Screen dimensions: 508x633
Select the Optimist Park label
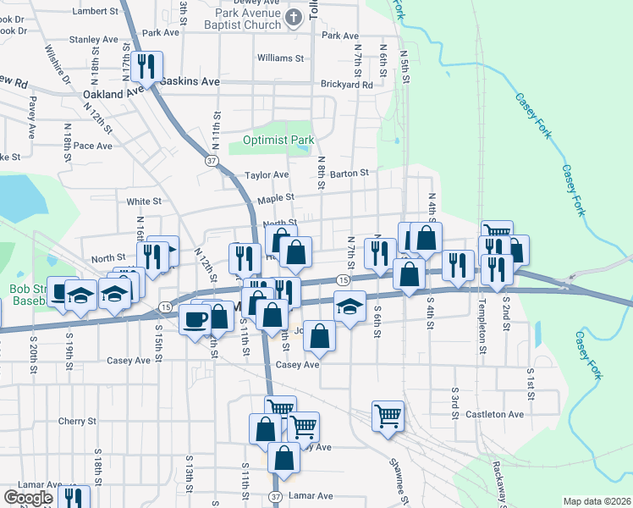click(x=278, y=140)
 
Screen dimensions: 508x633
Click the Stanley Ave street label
click(x=94, y=40)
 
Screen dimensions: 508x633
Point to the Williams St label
click(x=281, y=58)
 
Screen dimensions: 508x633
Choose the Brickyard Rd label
click(x=347, y=85)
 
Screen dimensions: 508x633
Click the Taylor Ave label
click(x=267, y=175)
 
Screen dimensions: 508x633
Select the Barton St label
click(x=350, y=173)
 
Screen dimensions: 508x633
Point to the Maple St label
click(x=276, y=197)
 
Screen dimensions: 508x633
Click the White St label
click(x=144, y=202)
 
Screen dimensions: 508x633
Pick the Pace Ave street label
click(x=93, y=146)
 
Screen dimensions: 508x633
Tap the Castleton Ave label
click(x=500, y=414)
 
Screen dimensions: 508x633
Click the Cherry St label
click(x=78, y=421)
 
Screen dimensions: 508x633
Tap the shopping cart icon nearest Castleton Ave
click(x=388, y=415)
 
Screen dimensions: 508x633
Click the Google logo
click(x=27, y=497)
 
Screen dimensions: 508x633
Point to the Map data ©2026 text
click(x=597, y=500)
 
